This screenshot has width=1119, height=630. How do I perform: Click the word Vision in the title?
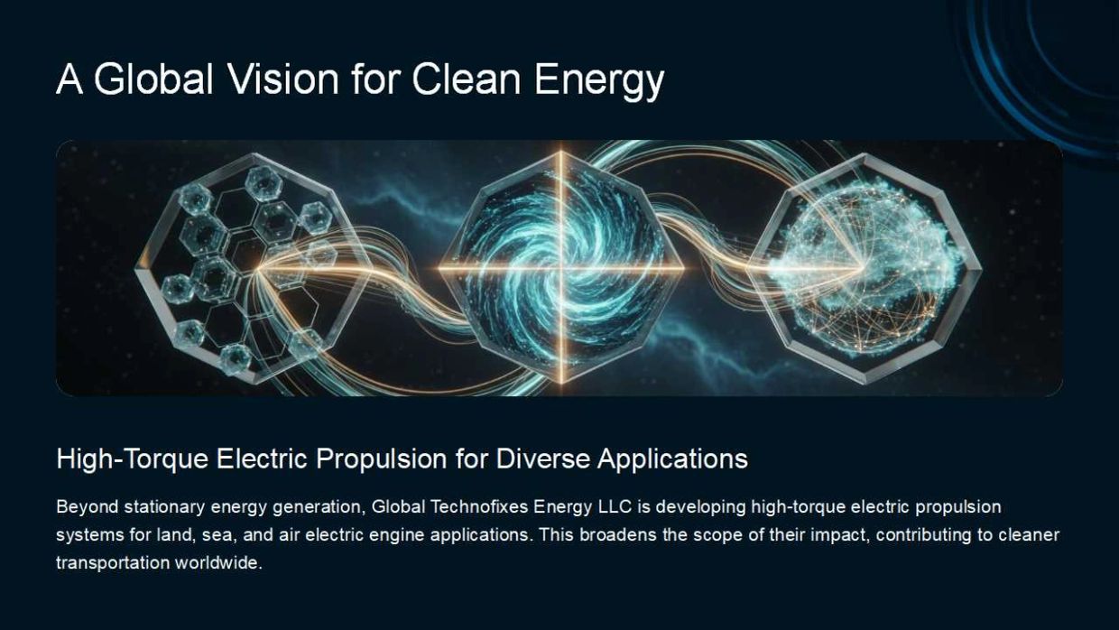(x=282, y=79)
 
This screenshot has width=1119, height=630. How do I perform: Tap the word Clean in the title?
(x=466, y=79)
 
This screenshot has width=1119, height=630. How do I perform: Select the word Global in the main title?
(x=153, y=79)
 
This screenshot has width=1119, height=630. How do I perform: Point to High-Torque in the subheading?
(x=133, y=459)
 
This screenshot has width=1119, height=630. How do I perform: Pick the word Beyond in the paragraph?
(x=88, y=507)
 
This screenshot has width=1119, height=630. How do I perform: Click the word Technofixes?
(x=478, y=506)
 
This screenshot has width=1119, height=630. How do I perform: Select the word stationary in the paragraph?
(x=165, y=507)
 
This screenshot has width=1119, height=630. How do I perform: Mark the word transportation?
(x=113, y=563)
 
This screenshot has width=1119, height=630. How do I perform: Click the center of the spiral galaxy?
(x=560, y=269)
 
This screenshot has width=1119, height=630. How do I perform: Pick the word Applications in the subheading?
(x=672, y=459)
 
